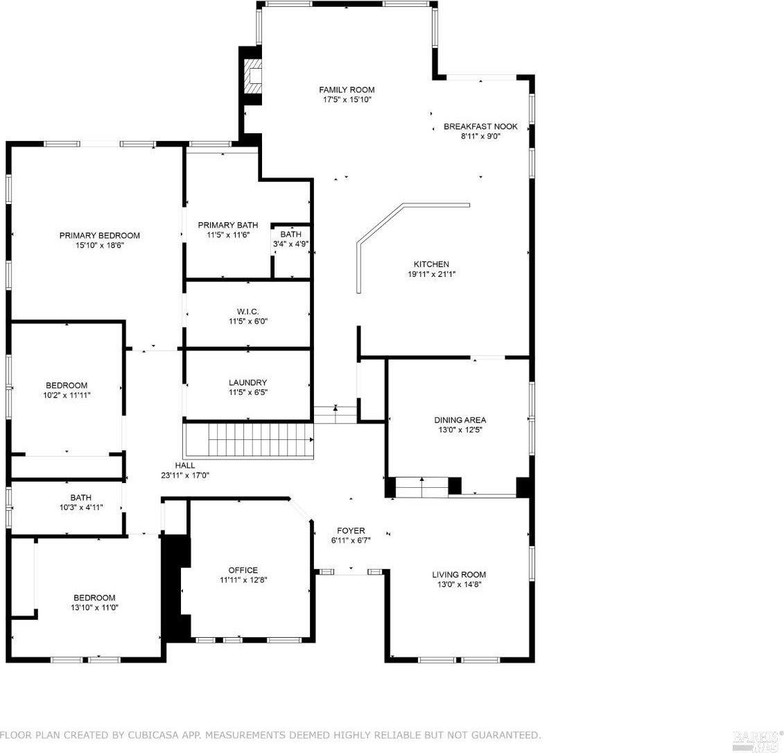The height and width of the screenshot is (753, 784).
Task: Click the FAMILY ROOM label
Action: [x=347, y=90]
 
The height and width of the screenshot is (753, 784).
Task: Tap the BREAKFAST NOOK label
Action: [x=480, y=126]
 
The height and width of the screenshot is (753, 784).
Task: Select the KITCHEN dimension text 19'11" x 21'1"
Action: [x=431, y=274]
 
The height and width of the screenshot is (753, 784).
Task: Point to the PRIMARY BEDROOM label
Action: [x=99, y=235]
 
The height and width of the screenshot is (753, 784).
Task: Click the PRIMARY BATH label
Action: [x=227, y=225]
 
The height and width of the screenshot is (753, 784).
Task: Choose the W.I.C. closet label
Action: [x=247, y=312]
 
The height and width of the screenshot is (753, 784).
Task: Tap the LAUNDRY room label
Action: [x=247, y=382]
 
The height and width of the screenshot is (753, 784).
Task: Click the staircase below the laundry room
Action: [x=248, y=439]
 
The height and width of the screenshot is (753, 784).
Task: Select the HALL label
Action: [x=184, y=466]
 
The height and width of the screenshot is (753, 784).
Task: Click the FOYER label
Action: [x=351, y=530]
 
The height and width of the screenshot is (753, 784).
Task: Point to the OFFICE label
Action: [x=243, y=570]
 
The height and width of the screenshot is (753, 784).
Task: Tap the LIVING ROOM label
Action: [x=459, y=574]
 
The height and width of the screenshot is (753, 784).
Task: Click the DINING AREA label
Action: [x=460, y=420]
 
